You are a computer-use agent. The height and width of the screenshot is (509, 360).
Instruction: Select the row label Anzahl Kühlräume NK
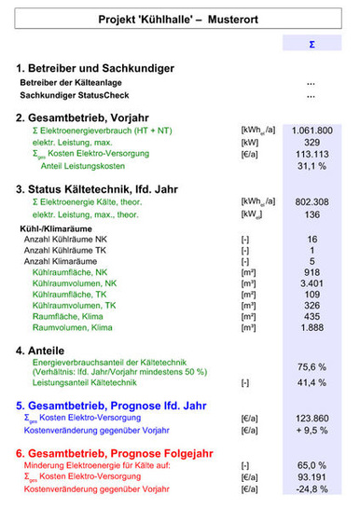(x=64, y=240)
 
